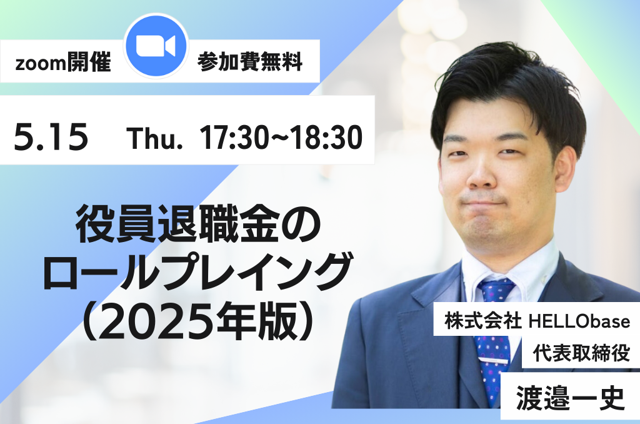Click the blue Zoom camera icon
tap(156, 46)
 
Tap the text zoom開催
tap(63, 63)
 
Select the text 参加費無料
tap(250, 63)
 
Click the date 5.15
tap(51, 137)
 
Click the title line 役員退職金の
tap(198, 225)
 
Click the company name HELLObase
tap(579, 321)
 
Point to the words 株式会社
tap(483, 321)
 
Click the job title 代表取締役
tap(581, 353)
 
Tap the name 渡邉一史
tap(570, 398)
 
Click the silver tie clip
tap(494, 361)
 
